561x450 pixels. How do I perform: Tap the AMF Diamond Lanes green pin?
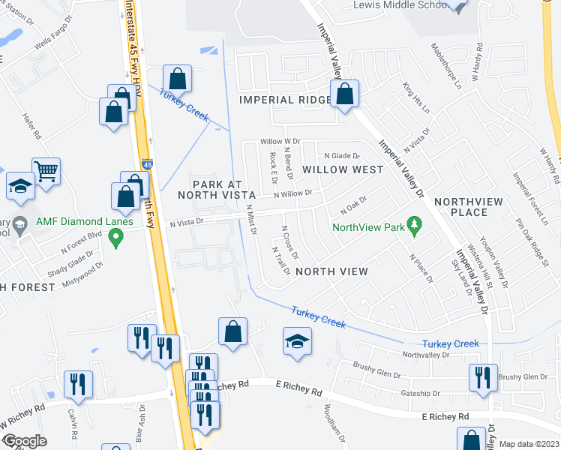[115, 239]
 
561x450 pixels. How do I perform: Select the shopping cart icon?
[46, 172]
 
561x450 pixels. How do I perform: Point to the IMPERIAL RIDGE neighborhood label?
[284, 100]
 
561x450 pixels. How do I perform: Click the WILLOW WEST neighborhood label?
[343, 169]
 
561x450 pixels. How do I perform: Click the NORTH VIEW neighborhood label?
[331, 271]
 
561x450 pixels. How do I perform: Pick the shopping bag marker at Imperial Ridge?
[346, 94]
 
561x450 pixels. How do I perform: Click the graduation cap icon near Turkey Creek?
[297, 341]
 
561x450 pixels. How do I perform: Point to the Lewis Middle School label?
[400, 5]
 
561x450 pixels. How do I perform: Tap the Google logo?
[24, 441]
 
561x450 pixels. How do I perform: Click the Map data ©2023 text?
[529, 444]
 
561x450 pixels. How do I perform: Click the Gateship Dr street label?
[421, 393]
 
